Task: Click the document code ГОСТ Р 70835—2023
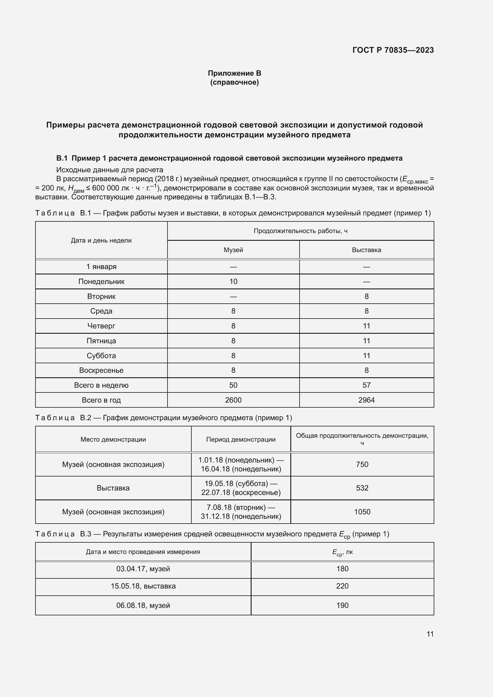pos(393,50)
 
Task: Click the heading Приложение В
pos(234,73)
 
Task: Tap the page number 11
pos(430,634)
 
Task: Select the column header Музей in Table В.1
pos(233,250)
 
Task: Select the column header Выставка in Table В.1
pos(366,250)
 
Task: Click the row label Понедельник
pos(101,281)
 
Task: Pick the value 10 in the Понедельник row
pos(233,281)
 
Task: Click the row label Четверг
pos(101,326)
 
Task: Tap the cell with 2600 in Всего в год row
pos(233,400)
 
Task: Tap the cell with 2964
pos(366,400)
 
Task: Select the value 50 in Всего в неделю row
pos(233,385)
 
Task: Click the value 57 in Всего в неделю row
pos(366,385)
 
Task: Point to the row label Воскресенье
pos(101,370)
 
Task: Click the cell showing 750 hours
pos(362,464)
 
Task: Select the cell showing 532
pos(362,488)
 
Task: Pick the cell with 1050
pos(362,512)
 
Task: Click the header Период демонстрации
pos(241,439)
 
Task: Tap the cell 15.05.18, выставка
pos(143,586)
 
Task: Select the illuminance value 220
pos(342,586)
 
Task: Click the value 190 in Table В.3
pos(342,605)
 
